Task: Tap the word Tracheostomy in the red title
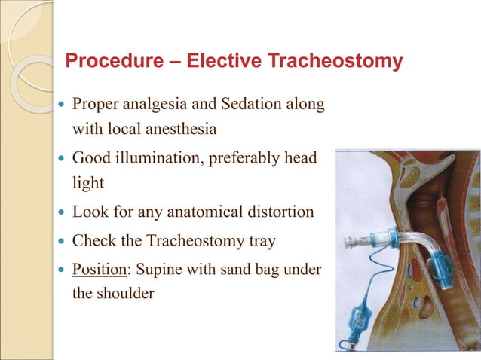338,61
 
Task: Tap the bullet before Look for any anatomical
62,212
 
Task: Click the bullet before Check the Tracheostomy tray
62,242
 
